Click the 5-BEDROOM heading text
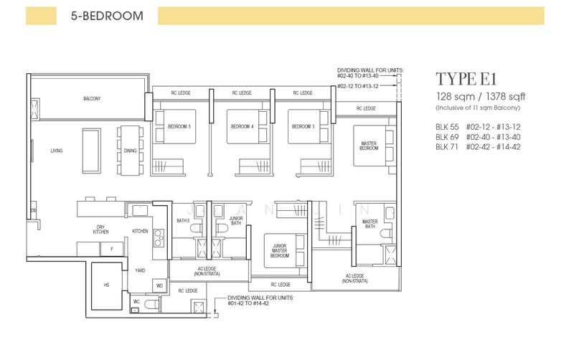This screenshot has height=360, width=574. click(x=106, y=15)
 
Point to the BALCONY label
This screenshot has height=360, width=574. click(x=91, y=98)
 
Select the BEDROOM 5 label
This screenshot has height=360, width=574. click(x=179, y=127)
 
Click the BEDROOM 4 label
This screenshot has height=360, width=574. click(x=242, y=127)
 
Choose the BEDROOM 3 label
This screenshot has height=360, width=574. click(x=303, y=127)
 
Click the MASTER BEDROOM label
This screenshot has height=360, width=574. click(x=369, y=145)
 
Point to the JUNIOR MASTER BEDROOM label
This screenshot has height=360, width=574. click(x=279, y=250)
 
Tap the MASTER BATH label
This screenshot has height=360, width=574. click(x=370, y=224)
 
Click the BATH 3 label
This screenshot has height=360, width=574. click(x=183, y=221)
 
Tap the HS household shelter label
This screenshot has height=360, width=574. click(x=106, y=285)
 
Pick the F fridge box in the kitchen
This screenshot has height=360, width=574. click(x=111, y=248)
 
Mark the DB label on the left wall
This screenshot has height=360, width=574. click(x=33, y=210)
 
